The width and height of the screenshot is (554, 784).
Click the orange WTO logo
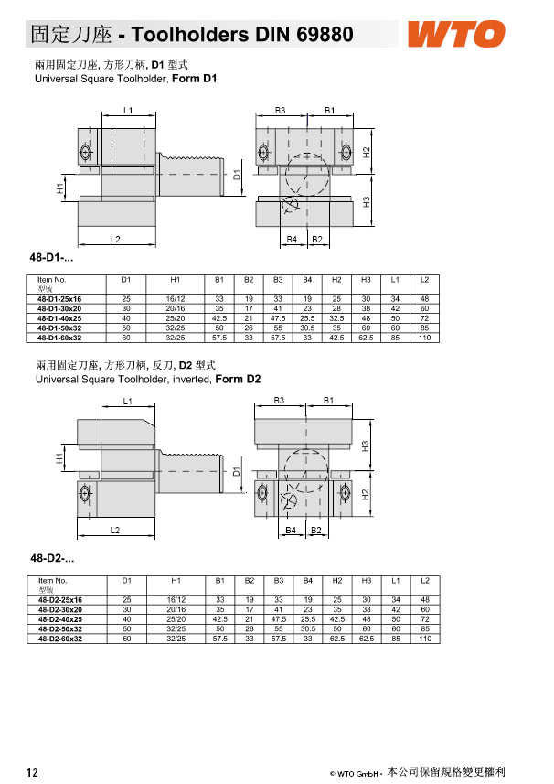click(456, 34)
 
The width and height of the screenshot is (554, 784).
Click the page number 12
click(32, 772)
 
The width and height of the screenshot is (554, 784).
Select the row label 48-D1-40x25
click(59, 318)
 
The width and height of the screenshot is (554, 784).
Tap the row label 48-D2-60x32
click(60, 639)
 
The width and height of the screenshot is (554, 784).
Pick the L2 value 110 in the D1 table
click(424, 338)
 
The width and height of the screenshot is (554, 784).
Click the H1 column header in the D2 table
click(176, 581)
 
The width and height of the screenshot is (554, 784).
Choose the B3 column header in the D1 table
click(278, 280)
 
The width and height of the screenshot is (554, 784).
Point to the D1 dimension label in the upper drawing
click(237, 175)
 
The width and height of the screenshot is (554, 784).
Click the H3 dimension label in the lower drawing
click(365, 446)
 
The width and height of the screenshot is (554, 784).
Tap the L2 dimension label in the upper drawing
click(115, 239)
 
